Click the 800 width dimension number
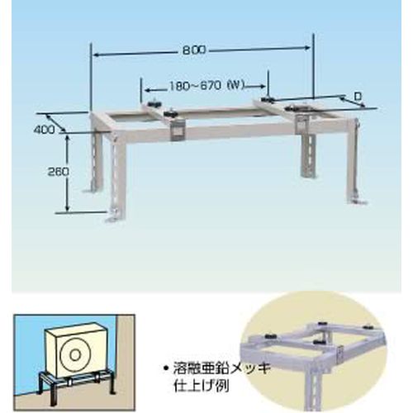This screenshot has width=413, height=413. [194, 50]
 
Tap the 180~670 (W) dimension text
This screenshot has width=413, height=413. [206, 86]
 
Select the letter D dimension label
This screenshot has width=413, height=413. [358, 97]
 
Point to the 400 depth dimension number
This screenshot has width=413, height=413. [45, 130]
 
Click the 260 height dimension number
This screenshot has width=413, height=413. [58, 172]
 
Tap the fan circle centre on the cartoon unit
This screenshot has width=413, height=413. [74, 355]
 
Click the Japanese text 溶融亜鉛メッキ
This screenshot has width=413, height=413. [221, 368]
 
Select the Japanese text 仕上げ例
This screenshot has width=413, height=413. [202, 386]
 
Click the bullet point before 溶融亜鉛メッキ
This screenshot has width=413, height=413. [165, 368]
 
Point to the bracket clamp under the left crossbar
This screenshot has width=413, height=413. [178, 131]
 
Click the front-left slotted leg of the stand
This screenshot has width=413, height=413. [118, 176]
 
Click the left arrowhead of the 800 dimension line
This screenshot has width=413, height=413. [97, 55]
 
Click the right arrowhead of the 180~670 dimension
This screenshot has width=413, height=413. [262, 87]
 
